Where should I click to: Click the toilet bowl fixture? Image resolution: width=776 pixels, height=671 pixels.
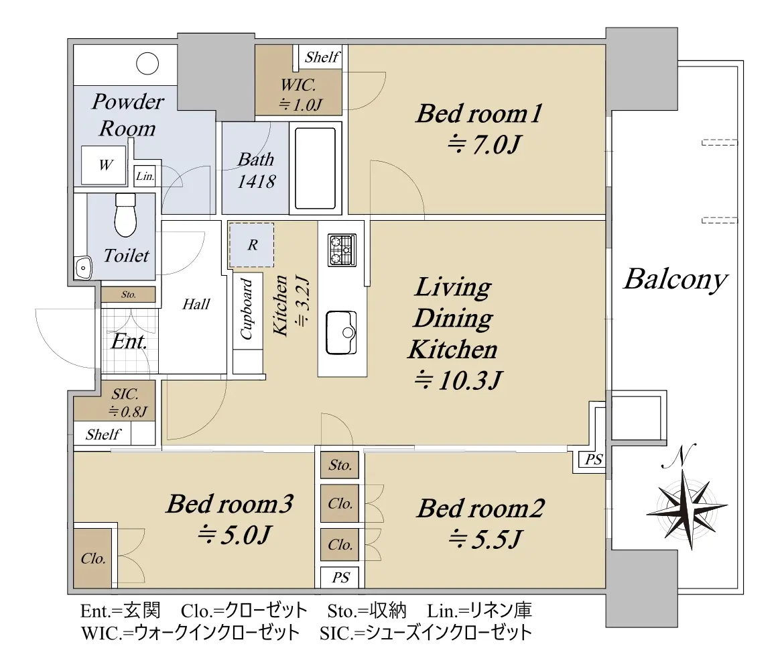[125, 215]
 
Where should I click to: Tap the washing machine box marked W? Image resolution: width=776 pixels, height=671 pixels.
[104, 166]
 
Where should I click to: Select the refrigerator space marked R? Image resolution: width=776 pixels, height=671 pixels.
[251, 245]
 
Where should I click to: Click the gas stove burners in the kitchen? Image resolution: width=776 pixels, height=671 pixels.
[342, 249]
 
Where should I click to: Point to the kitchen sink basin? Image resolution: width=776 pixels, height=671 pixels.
[342, 333]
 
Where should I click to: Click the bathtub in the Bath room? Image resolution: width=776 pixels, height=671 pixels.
[315, 168]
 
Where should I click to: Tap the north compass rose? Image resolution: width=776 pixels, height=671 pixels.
[686, 505]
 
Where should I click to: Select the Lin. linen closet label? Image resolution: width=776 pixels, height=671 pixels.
[145, 176]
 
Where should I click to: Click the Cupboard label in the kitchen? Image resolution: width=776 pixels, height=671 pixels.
[247, 309]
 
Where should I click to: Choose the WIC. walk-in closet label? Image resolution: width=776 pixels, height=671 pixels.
[298, 85]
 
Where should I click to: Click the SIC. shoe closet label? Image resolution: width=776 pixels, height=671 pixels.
[125, 394]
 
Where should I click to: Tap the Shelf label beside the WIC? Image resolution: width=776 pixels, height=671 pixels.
[322, 57]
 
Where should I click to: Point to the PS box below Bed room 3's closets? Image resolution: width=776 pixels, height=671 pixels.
[340, 577]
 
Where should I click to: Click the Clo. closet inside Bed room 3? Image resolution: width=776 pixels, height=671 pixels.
[92, 558]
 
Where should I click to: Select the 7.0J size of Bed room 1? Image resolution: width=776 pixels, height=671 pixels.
[484, 145]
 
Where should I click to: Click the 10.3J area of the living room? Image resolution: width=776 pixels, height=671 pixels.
[458, 380]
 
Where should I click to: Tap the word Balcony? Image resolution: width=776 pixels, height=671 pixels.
[675, 280]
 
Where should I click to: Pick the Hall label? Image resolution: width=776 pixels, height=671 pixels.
[196, 304]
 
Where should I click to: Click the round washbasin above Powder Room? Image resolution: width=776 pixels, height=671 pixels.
[147, 64]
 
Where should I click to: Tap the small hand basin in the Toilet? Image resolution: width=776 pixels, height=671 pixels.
[83, 268]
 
